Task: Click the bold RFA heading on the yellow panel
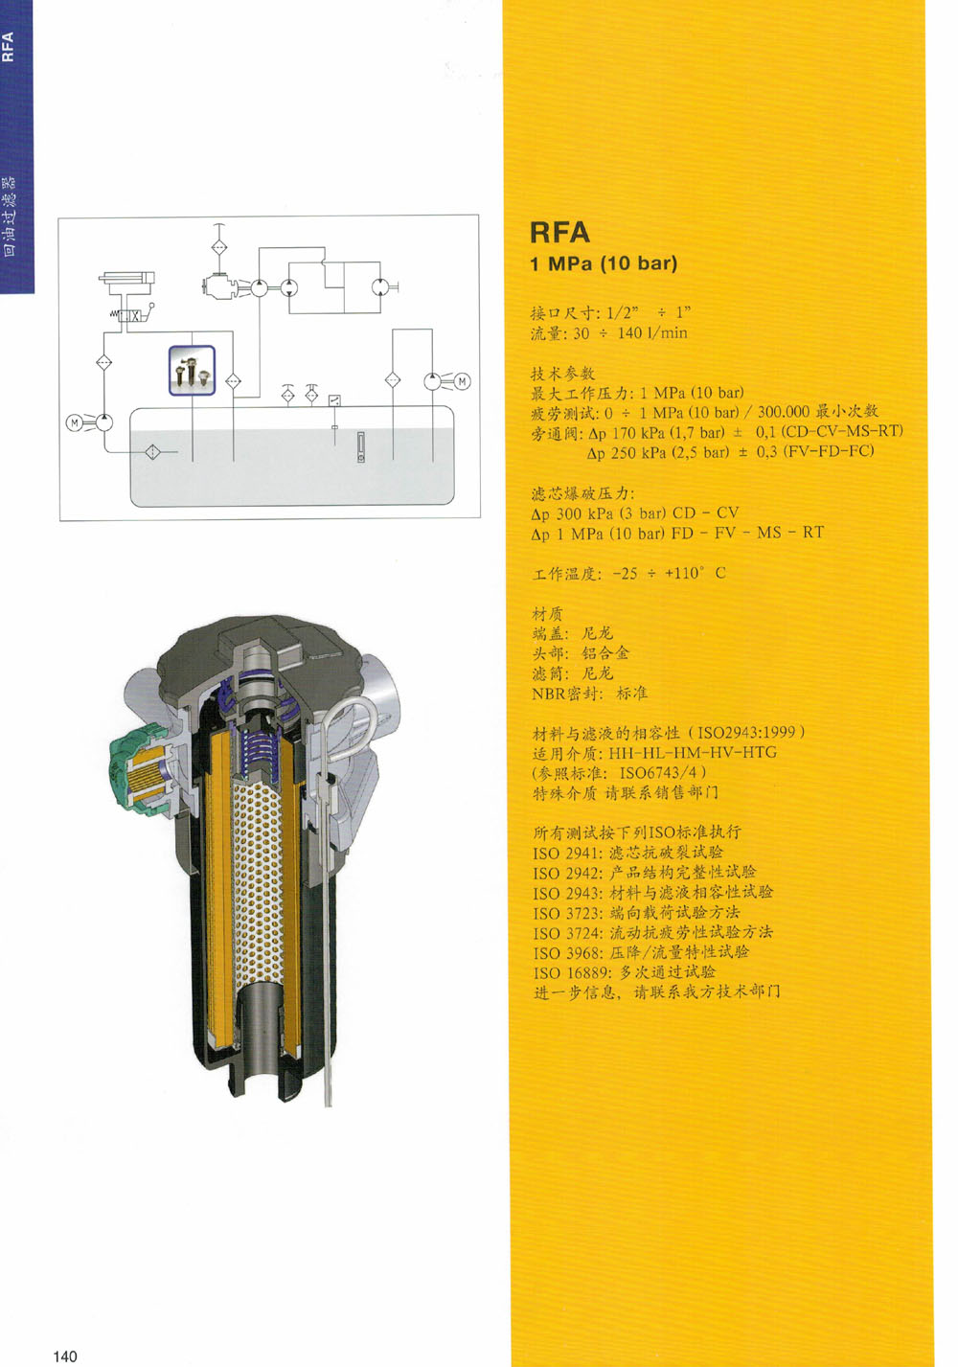(559, 232)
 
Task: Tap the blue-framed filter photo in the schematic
(193, 371)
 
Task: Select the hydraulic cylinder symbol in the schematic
(126, 280)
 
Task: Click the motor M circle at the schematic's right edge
(463, 382)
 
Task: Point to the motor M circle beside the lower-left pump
(75, 422)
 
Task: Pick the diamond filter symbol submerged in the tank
(152, 452)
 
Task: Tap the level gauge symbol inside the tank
(360, 447)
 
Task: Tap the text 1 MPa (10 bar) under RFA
(604, 263)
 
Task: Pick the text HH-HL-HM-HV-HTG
(693, 752)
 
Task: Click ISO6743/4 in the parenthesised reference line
(659, 773)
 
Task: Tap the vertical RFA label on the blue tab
(8, 47)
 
